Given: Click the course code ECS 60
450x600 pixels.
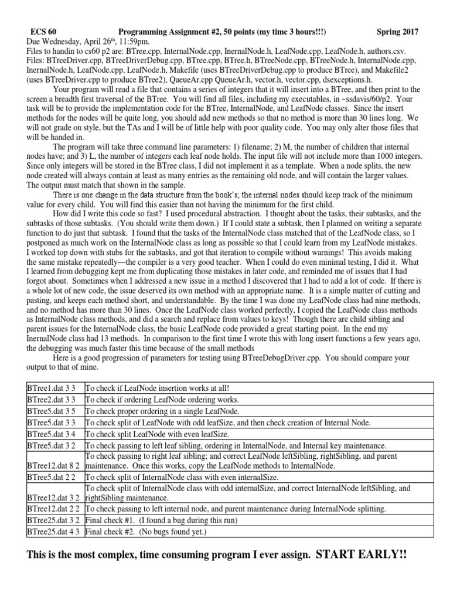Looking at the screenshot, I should click(44, 32).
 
